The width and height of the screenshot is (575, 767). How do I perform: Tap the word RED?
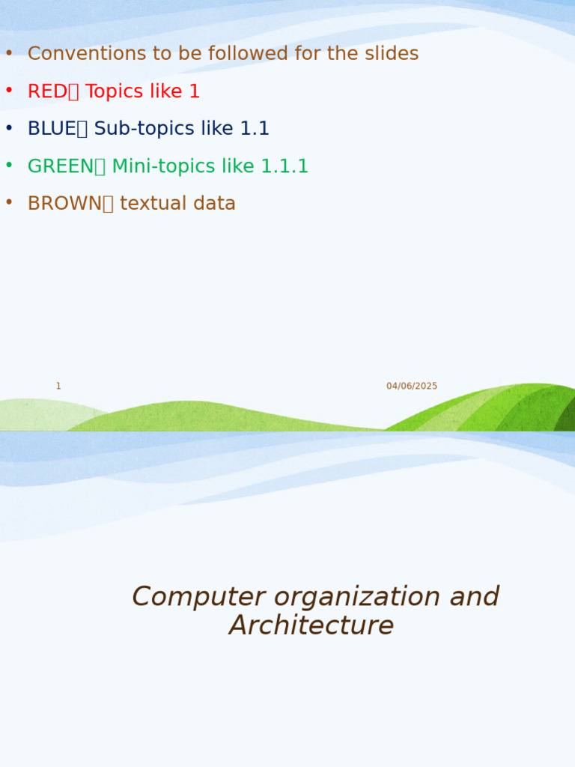[x=47, y=91]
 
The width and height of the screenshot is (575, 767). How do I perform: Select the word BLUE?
[x=52, y=129]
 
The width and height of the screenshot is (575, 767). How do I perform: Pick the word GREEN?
[x=61, y=166]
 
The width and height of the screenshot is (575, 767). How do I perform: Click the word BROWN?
[x=64, y=204]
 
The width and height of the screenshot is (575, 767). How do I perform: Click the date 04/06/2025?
[x=412, y=386]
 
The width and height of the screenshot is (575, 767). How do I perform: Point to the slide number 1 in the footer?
[x=58, y=386]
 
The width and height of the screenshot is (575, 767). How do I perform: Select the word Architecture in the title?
[x=311, y=625]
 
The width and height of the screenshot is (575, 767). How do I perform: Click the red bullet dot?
[x=9, y=91]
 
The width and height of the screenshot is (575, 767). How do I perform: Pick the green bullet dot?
[x=9, y=166]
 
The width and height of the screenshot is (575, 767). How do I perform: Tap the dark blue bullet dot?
[x=9, y=128]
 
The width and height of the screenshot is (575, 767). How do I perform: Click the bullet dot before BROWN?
[x=9, y=203]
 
